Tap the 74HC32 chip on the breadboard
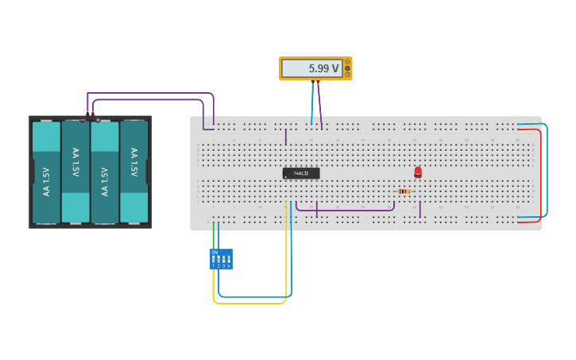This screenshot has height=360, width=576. click(301, 172)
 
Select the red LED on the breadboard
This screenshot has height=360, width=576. click(418, 172)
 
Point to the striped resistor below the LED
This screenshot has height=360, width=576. click(404, 191)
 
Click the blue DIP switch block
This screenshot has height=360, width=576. click(221, 259)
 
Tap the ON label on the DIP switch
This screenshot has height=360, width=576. click(215, 252)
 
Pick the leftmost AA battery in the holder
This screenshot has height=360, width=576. click(46, 172)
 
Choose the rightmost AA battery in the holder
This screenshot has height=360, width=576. click(133, 172)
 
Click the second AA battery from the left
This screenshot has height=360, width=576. click(75, 172)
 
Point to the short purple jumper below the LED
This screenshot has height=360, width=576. click(420, 209)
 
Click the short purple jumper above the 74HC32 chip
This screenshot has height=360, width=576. click(286, 137)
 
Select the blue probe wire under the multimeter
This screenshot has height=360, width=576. click(312, 103)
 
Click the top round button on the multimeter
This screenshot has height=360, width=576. click(347, 62)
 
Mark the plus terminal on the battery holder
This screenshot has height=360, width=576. click(98, 119)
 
